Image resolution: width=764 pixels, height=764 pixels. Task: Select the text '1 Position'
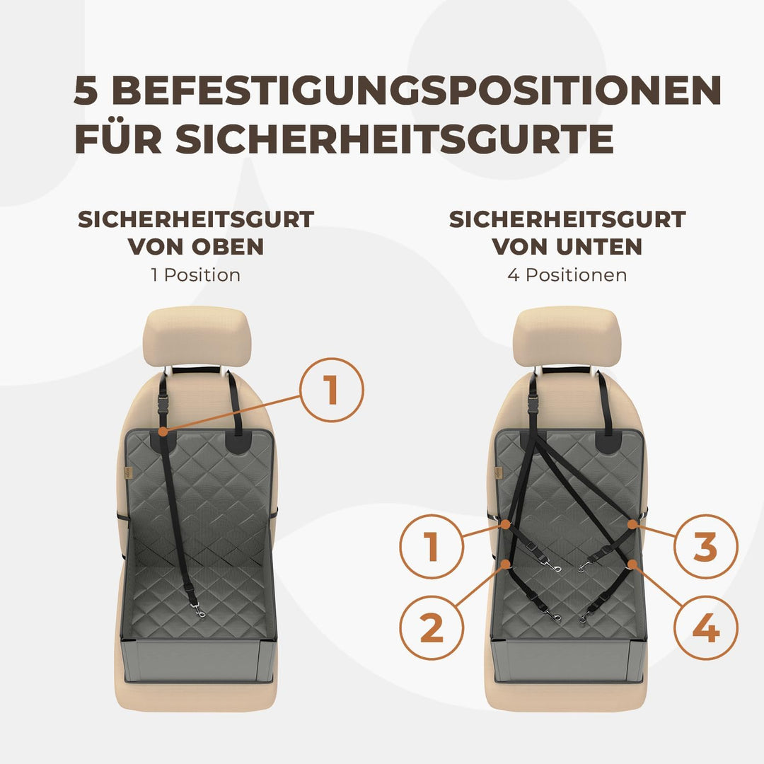click(x=195, y=274)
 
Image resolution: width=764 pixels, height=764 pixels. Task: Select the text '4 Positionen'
click(x=567, y=274)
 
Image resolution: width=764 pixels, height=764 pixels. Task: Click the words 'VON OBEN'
click(x=195, y=247)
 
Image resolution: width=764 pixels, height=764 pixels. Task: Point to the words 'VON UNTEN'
click(x=567, y=247)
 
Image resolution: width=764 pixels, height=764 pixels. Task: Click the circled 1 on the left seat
click(x=331, y=390)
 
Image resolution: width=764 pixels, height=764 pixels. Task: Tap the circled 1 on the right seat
click(x=432, y=547)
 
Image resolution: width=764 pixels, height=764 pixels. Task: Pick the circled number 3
click(x=706, y=547)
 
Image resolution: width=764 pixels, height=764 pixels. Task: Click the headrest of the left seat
click(x=197, y=336)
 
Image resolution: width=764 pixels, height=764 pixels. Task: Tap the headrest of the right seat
click(x=567, y=336)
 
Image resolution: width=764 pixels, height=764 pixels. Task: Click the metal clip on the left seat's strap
click(x=199, y=612)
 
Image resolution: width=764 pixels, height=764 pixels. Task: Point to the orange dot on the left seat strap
click(x=163, y=431)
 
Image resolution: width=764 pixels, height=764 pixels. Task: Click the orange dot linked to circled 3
click(x=632, y=525)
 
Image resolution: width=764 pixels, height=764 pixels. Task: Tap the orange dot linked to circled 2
click(x=506, y=564)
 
